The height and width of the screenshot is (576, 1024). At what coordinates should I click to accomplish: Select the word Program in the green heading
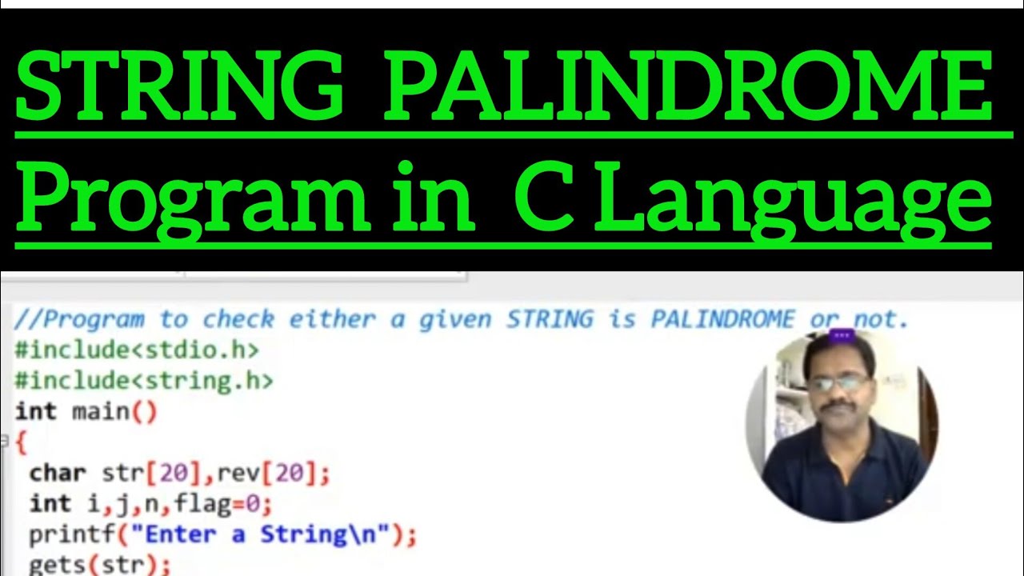[x=193, y=199]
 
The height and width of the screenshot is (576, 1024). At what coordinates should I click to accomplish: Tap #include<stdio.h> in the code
[x=137, y=350]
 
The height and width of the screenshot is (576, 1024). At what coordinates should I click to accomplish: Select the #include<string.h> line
[x=144, y=380]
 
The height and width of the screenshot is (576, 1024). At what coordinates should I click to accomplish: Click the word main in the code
[x=101, y=411]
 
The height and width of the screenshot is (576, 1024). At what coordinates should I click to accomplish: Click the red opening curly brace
[x=21, y=441]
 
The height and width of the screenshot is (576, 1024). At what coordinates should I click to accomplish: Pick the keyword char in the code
[x=57, y=473]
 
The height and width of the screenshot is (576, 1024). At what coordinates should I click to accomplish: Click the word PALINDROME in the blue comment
[x=722, y=320]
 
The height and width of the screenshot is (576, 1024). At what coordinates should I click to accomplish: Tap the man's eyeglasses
[x=836, y=382]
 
